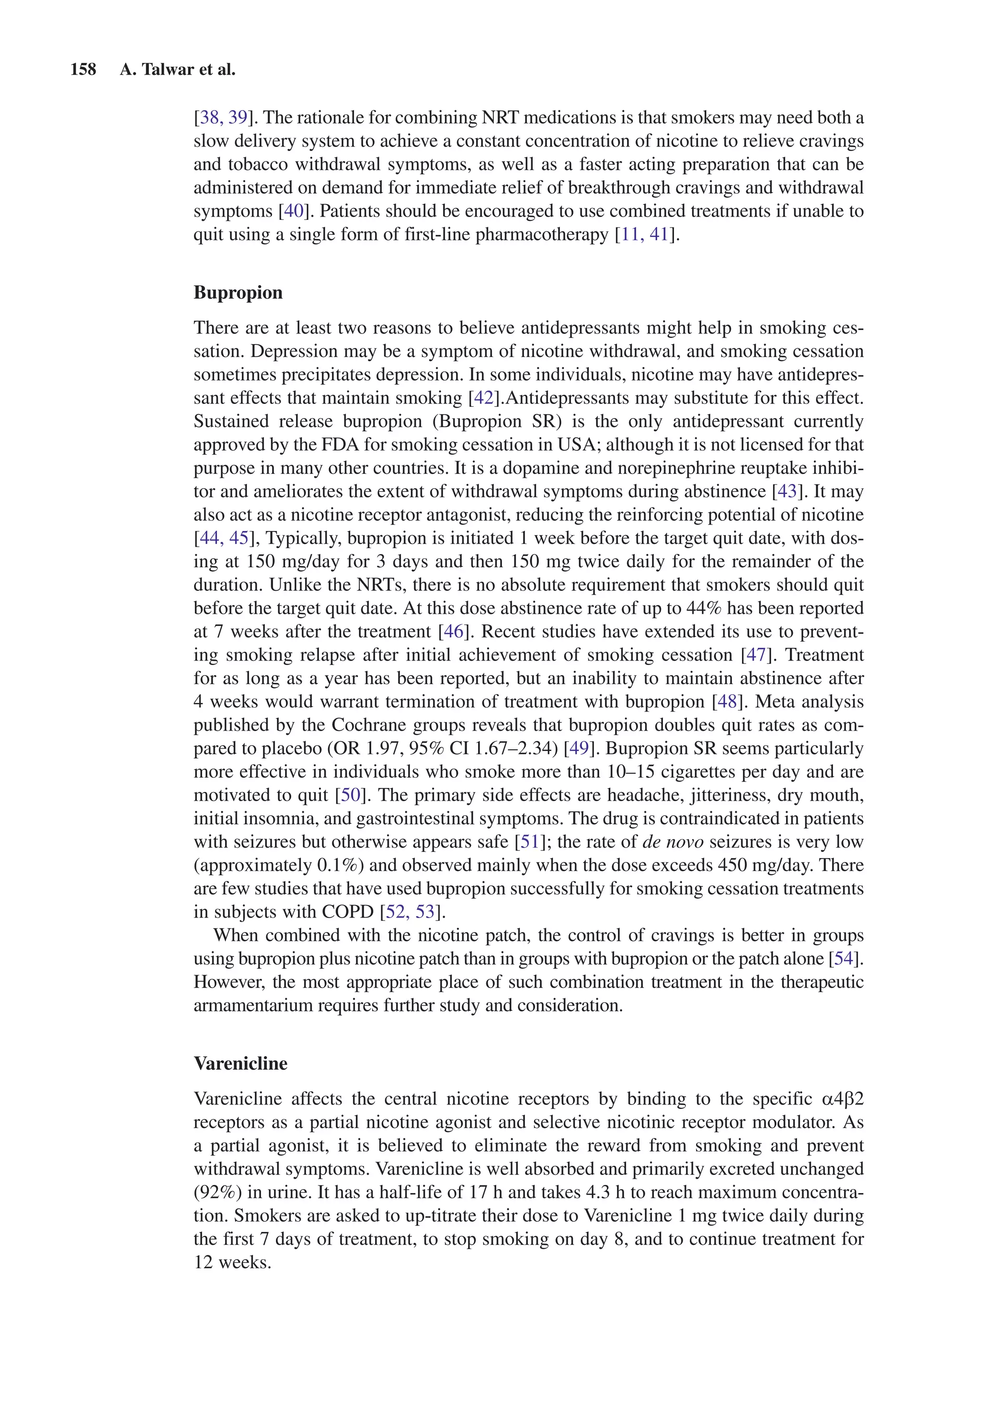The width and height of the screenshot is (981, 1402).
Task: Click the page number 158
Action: coord(83,69)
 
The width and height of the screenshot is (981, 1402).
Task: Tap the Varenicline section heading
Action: coord(240,1063)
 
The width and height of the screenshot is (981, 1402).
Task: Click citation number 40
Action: coord(294,211)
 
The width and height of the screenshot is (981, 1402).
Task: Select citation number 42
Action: coord(483,398)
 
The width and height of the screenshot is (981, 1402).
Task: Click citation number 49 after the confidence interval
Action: coord(579,748)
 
